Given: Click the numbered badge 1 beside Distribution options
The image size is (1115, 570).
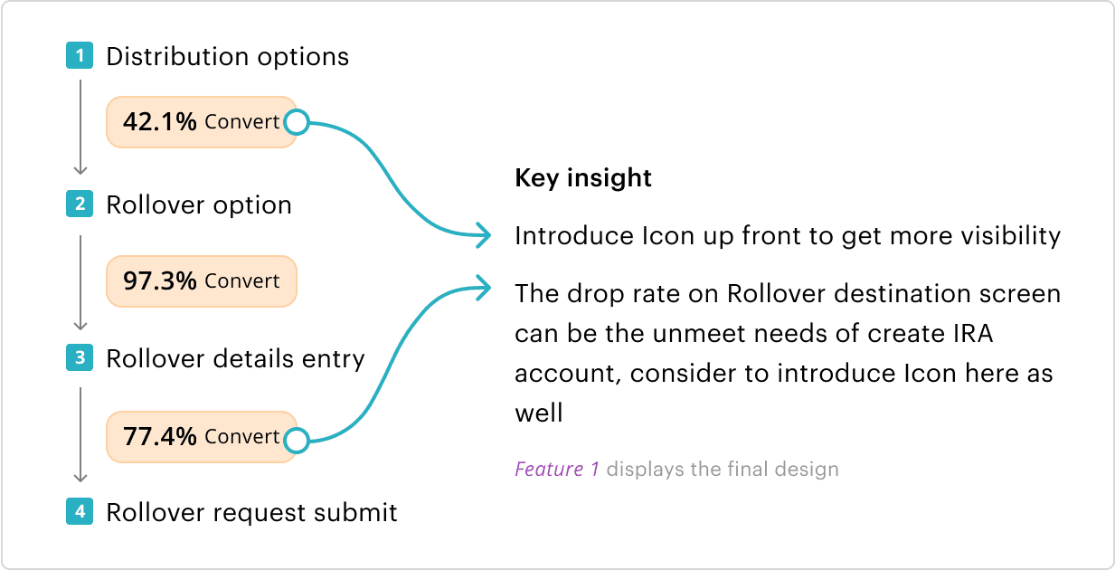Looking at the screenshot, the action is [x=80, y=55].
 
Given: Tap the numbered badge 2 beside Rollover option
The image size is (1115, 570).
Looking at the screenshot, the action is [x=80, y=204].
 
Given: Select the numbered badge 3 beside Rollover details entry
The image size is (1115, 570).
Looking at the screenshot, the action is [x=80, y=358].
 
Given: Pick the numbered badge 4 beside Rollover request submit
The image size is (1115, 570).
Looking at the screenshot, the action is [x=80, y=511].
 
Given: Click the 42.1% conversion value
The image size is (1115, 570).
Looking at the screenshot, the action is [x=160, y=122].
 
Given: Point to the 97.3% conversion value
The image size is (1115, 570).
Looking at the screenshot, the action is [x=160, y=281].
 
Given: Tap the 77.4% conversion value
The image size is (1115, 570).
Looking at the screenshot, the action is [x=160, y=437].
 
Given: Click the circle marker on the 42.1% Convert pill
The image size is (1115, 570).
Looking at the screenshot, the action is [x=297, y=122].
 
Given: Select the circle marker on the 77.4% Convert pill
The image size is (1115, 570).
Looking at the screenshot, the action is [x=297, y=441].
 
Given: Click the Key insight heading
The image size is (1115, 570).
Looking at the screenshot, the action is [x=583, y=178].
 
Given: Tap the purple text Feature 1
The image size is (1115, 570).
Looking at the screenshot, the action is [x=556, y=469].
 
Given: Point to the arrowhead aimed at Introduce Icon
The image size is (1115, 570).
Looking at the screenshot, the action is [x=483, y=235].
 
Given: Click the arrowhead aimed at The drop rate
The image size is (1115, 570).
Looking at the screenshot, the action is [x=483, y=288].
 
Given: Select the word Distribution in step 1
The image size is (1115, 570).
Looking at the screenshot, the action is [x=177, y=56].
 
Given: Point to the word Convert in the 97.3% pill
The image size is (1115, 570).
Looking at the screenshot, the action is [x=242, y=281].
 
